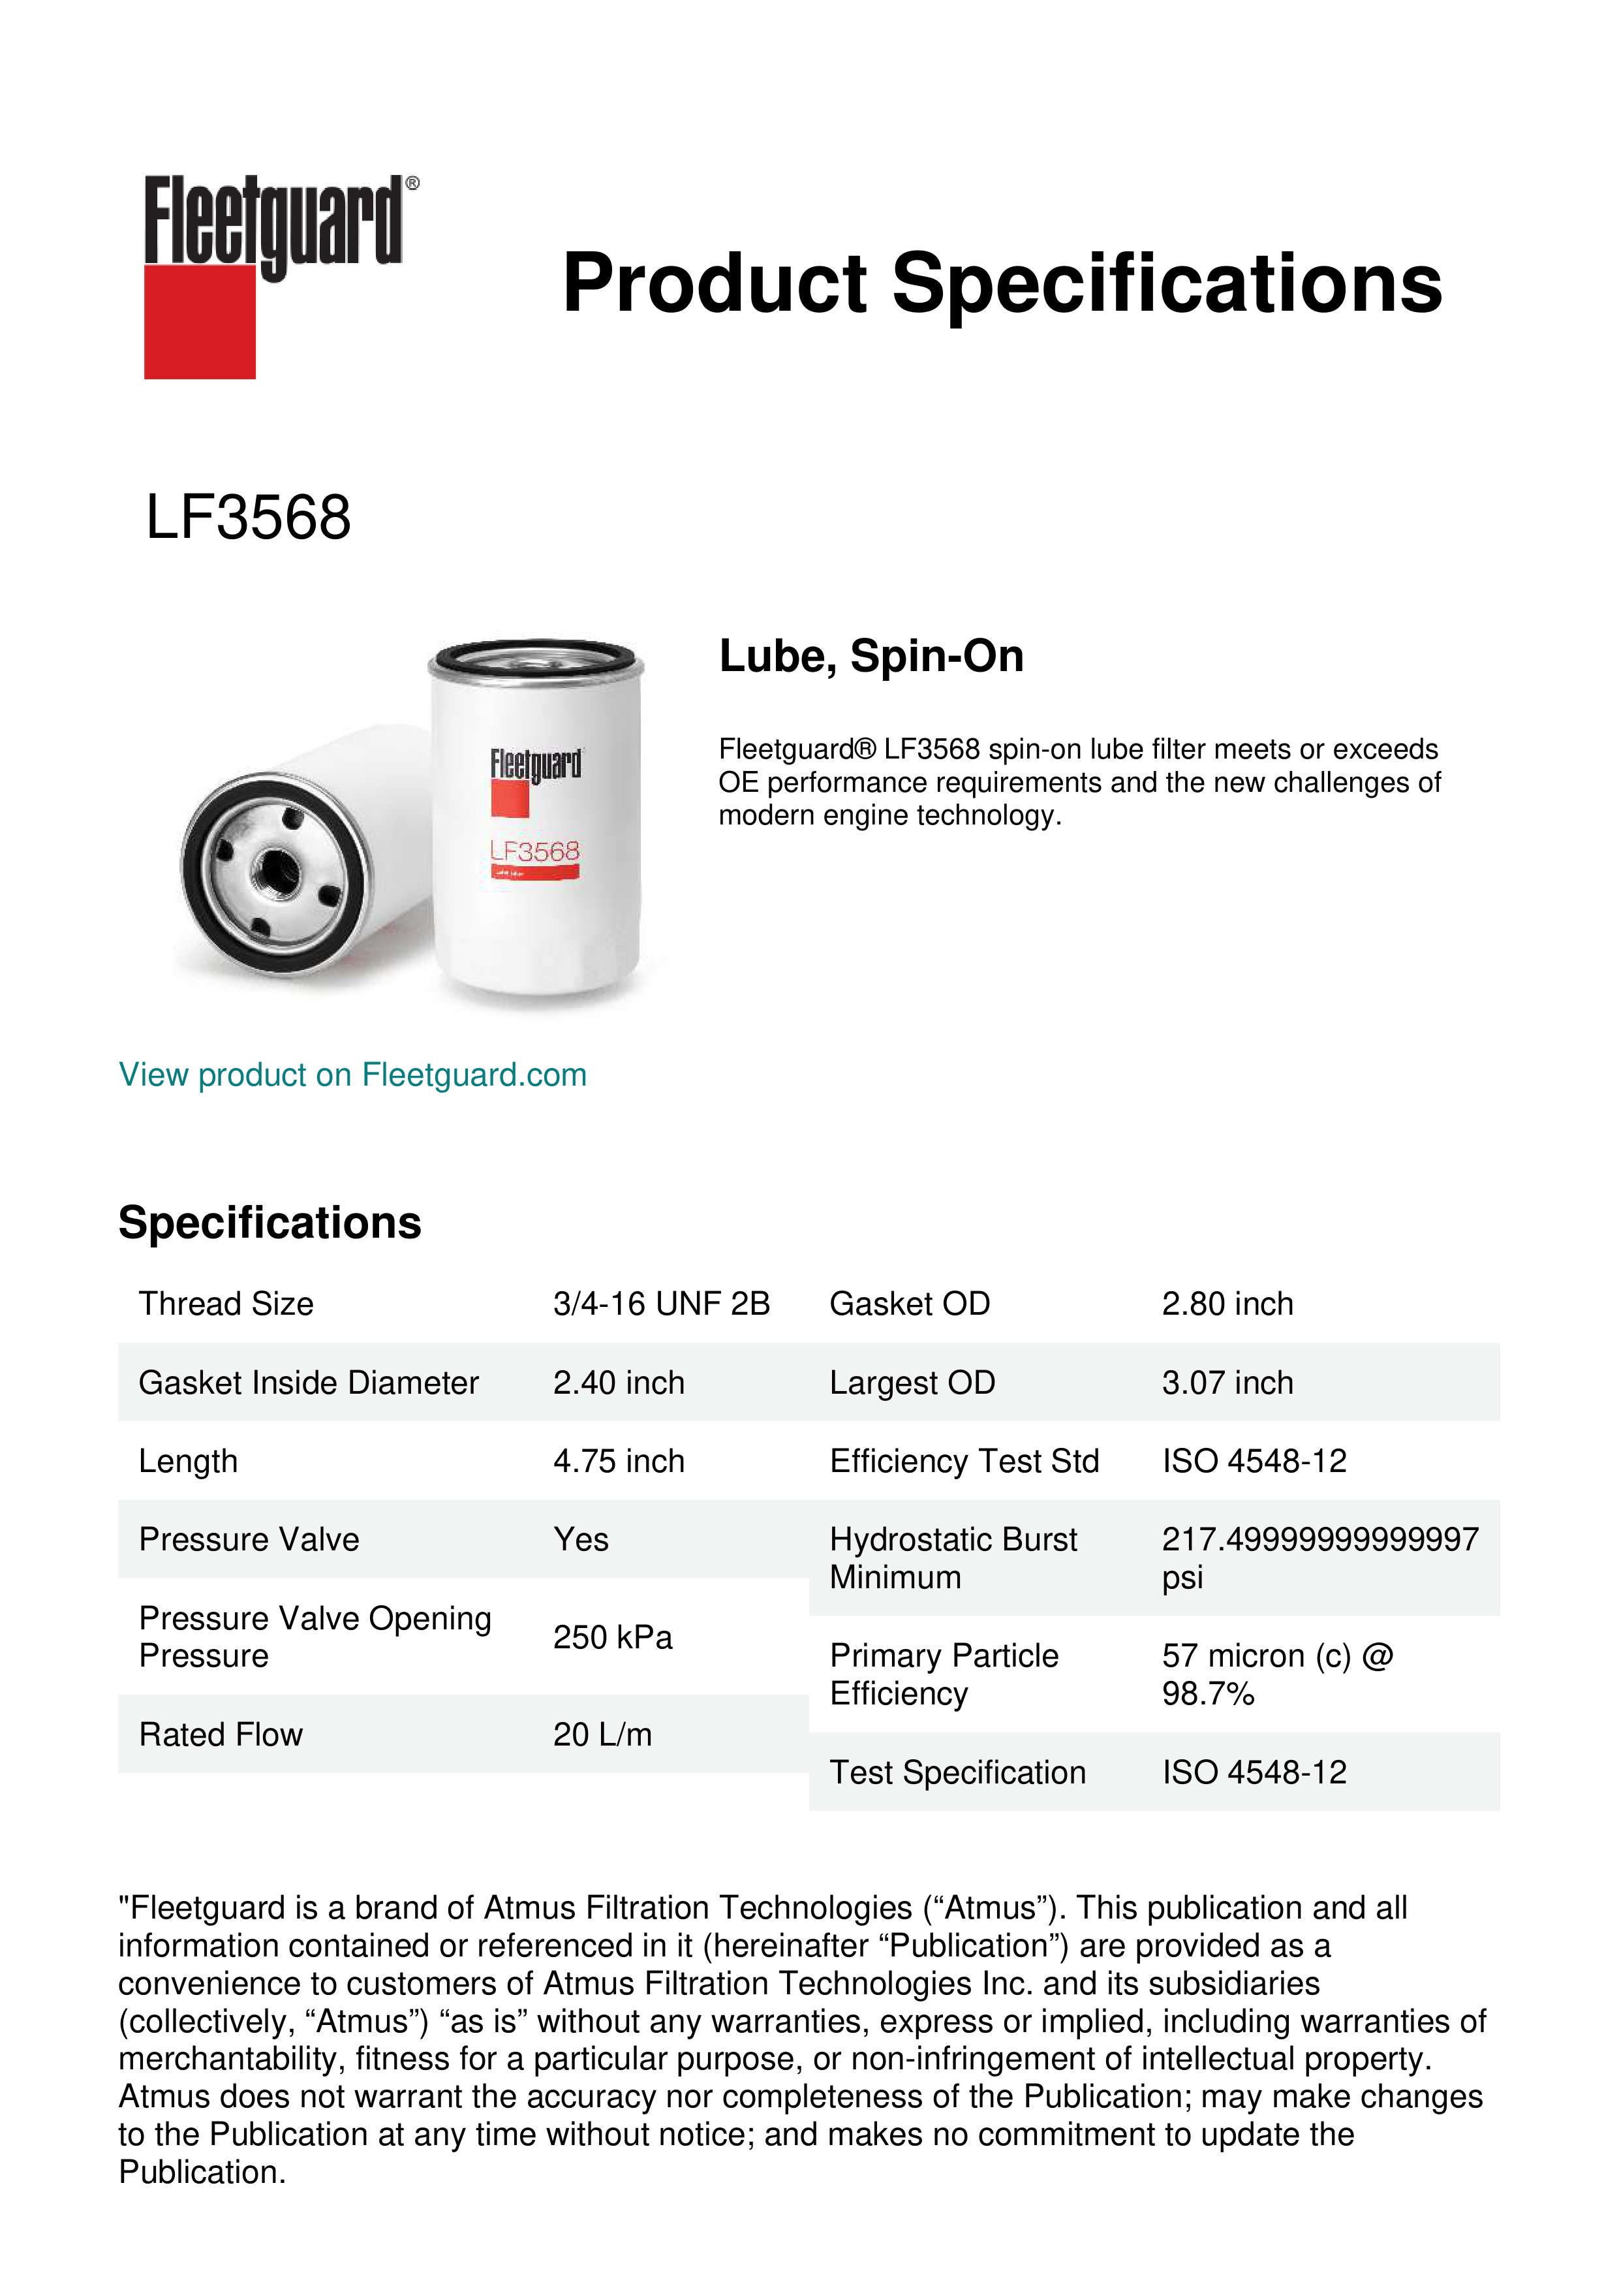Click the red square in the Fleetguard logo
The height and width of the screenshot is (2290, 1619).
click(200, 321)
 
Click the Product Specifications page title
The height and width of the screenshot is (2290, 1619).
click(1001, 283)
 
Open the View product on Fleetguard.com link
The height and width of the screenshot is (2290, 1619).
click(352, 1074)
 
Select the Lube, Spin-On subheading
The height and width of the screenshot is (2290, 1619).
click(871, 656)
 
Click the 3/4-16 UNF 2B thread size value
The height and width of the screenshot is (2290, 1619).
click(661, 1304)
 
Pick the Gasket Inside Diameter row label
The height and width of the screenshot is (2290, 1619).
click(308, 1383)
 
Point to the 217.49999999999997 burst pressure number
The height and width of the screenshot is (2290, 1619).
click(1319, 1539)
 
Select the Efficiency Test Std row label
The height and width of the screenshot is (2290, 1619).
click(963, 1461)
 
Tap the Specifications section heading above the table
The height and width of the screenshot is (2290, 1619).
click(269, 1223)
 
